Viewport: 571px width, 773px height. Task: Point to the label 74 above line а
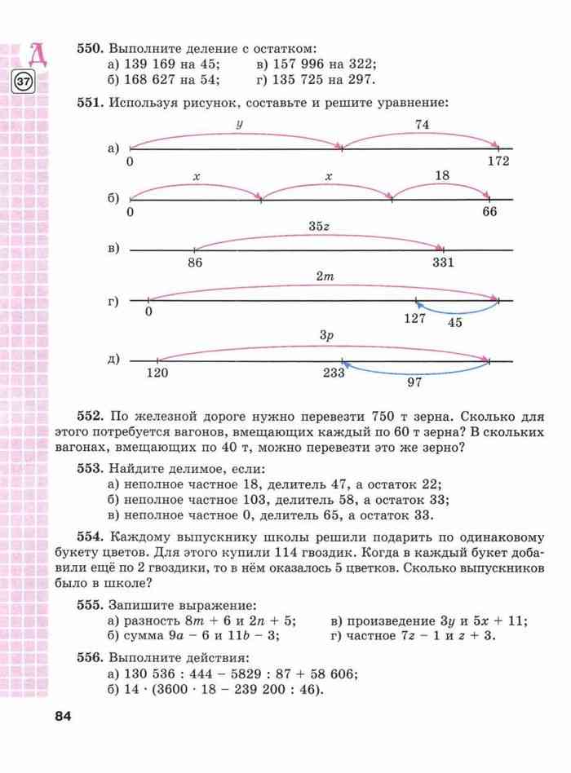422,124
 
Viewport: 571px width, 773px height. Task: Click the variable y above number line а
239,125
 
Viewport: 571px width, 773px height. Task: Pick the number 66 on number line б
489,212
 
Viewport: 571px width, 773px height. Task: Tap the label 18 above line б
442,175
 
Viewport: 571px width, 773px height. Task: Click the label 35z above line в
319,225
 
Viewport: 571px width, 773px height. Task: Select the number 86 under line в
194,262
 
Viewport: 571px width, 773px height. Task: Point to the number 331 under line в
444,262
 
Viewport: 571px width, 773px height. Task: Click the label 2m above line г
325,276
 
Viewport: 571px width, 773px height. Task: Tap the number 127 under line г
415,318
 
